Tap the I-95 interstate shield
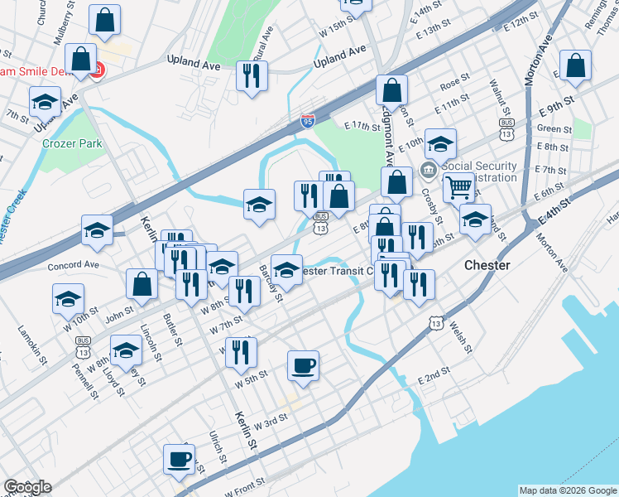pos(308,121)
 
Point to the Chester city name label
pos(487,265)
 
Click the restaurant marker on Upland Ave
pos(250,75)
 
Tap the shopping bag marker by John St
pos(142,283)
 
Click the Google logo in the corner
pos(27,487)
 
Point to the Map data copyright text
pos(567,490)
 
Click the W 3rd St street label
pos(271,421)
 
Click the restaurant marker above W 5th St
pos(241,351)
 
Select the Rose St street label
pos(454,84)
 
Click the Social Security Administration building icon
pos(428,172)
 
